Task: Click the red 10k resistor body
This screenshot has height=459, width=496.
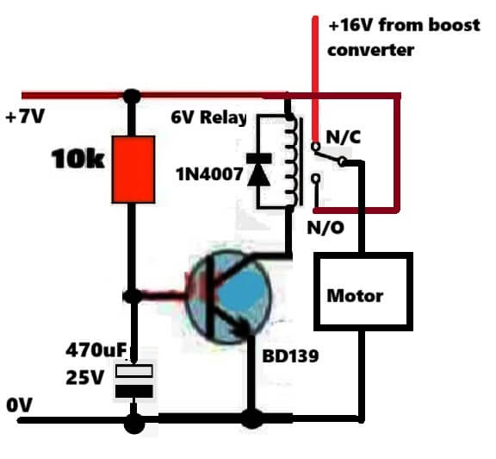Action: point(133,169)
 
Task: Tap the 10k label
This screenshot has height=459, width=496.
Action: point(77,159)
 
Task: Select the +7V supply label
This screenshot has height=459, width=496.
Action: point(25,116)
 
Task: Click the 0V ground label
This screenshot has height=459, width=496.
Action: point(19,405)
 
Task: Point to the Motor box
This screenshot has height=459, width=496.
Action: point(363,292)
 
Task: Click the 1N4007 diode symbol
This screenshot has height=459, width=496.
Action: point(258,170)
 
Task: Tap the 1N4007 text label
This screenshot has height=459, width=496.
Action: point(210,174)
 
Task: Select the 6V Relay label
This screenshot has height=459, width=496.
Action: point(208,117)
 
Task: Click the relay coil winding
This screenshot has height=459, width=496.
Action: point(292,161)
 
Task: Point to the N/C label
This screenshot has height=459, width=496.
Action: point(344,137)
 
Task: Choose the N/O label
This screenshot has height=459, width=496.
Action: point(325,227)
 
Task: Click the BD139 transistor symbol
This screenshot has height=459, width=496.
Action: point(229,297)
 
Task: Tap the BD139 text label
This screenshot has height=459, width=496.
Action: point(290,356)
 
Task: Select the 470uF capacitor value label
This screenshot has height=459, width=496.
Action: point(96,350)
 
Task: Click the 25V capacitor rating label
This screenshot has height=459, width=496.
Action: point(84,377)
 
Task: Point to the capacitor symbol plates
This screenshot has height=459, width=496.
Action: point(134,381)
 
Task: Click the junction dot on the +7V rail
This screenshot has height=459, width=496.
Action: point(132,96)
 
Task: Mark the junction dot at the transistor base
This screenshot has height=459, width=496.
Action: point(133,296)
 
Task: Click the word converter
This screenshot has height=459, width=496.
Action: point(371,50)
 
